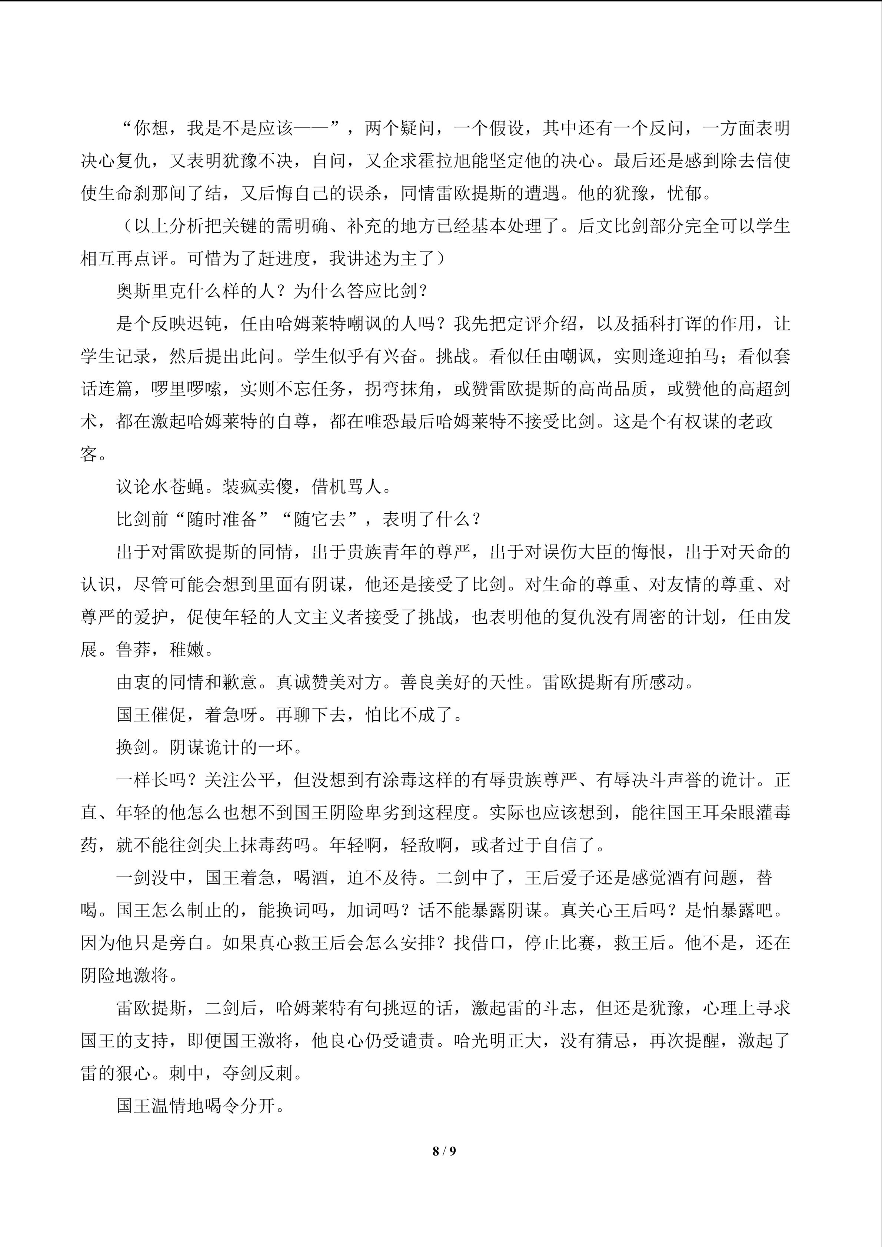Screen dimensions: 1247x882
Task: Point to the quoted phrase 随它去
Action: [x=320, y=520]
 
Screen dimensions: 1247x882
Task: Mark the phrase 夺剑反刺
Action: [x=257, y=1074]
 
